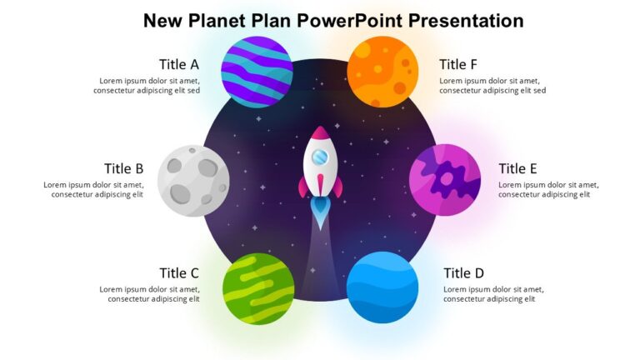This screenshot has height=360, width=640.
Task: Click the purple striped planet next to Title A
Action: point(257,72)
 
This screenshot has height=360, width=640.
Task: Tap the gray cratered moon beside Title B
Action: point(193,180)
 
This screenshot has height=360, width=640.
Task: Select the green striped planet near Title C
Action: point(258,288)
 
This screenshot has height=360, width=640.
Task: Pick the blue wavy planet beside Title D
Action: point(382,287)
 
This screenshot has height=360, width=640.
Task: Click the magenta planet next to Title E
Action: point(445,180)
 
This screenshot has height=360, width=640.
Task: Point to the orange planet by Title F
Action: point(382,72)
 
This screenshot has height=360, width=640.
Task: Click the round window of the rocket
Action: point(320,157)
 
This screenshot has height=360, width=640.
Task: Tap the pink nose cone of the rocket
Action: point(320,133)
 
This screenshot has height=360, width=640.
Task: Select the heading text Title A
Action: point(178,64)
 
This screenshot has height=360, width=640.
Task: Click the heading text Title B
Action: point(123,169)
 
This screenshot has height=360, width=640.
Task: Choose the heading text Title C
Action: point(178,273)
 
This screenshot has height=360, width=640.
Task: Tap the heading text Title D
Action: point(463,273)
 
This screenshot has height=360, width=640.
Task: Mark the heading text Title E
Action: point(517,169)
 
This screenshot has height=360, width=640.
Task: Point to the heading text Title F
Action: point(458,64)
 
